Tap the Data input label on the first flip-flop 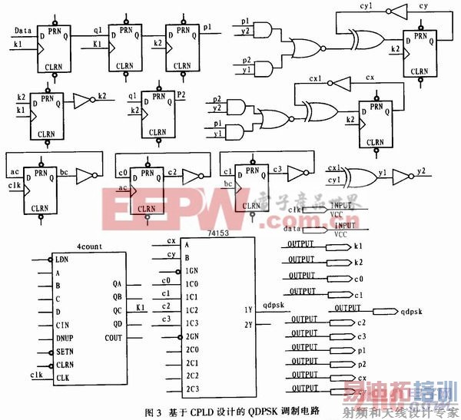coord(22,31)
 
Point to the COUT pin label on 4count coord(112,338)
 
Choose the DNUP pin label coord(65,337)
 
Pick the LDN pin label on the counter coord(61,260)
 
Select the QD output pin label coord(116,322)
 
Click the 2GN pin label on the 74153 coord(192,336)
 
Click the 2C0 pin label coord(192,349)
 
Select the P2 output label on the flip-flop coord(182,94)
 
